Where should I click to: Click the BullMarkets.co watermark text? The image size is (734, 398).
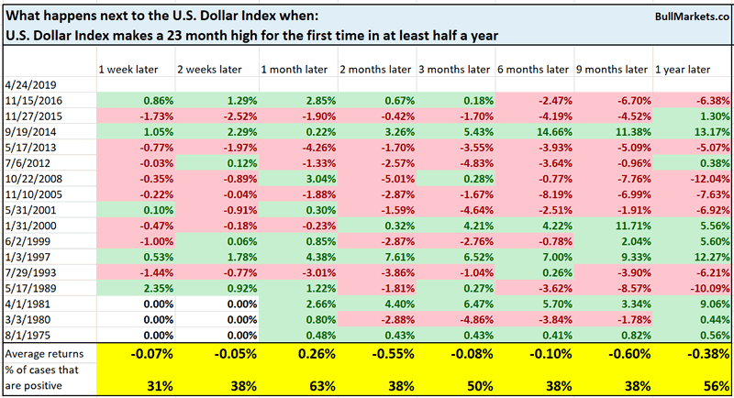689,17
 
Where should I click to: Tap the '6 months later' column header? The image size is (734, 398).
533,71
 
